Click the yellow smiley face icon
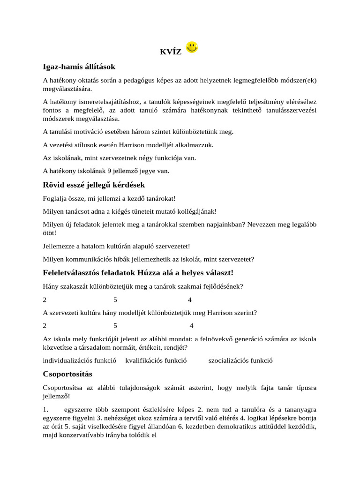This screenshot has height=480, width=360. [x=192, y=47]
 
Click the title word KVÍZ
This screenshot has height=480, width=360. [x=171, y=52]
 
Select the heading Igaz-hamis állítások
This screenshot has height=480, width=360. [x=79, y=67]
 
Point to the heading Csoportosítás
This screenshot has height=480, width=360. [x=67, y=374]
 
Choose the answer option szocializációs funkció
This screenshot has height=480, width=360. [x=240, y=360]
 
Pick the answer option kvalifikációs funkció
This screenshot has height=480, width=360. [x=156, y=360]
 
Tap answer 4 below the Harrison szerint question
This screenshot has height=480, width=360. [x=191, y=326]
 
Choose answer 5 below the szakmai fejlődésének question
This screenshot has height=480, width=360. [x=115, y=300]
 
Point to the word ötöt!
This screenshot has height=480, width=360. [x=49, y=232]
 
